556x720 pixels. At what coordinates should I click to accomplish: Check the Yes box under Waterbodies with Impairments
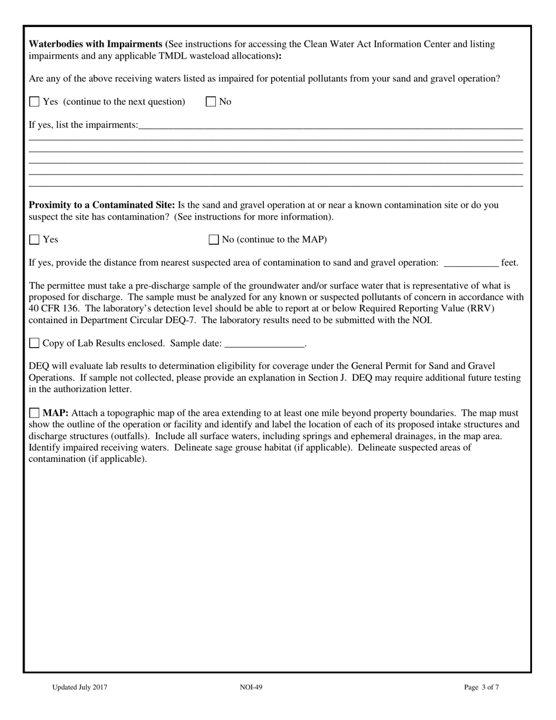pyautogui.click(x=35, y=102)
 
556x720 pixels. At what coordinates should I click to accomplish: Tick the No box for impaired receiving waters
pyautogui.click(x=211, y=102)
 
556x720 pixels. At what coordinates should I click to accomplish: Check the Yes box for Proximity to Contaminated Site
pyautogui.click(x=35, y=239)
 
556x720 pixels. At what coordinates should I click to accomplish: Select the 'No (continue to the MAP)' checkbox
pyautogui.click(x=214, y=239)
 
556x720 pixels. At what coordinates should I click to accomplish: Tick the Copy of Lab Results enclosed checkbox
pyautogui.click(x=35, y=343)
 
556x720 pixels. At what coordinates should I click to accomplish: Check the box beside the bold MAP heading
pyautogui.click(x=35, y=413)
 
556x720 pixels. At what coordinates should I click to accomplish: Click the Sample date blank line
pyautogui.click(x=265, y=344)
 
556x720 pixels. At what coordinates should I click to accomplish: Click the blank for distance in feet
pyautogui.click(x=471, y=263)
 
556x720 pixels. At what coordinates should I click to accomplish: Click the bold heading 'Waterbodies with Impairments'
pyautogui.click(x=96, y=44)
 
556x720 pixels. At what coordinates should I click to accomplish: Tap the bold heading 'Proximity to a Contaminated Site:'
pyautogui.click(x=102, y=205)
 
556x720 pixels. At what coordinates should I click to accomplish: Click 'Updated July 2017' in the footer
pyautogui.click(x=80, y=688)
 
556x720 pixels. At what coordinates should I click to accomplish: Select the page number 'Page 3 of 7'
pyautogui.click(x=481, y=688)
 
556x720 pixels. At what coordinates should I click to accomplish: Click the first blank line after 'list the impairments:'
pyautogui.click(x=331, y=126)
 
